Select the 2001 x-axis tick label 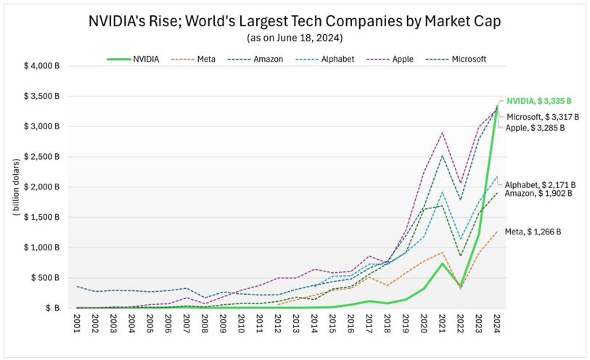[78, 322]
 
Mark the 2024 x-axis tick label [496, 322]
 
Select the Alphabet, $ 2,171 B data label [540, 184]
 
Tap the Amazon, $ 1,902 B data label [539, 194]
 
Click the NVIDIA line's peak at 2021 [443, 263]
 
